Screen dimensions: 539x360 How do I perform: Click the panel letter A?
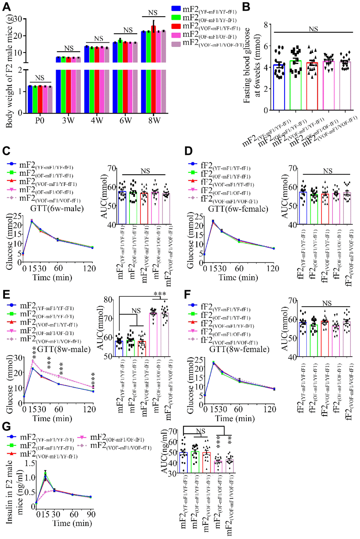[x=7, y=7]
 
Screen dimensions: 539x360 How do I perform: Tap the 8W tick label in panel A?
[x=154, y=121]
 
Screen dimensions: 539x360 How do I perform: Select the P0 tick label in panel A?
[x=40, y=121]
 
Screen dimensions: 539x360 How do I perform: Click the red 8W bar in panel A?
[x=154, y=71]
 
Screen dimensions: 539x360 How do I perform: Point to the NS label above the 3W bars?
[x=69, y=48]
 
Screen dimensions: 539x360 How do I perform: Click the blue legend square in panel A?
[x=176, y=9]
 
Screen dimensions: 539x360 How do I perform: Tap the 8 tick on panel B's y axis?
[x=266, y=24]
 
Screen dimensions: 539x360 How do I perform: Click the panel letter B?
[x=246, y=7]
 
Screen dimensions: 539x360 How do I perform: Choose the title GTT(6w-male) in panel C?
[x=57, y=208]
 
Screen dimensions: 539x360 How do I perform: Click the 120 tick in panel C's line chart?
[x=89, y=269]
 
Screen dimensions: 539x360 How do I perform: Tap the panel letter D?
[x=188, y=151]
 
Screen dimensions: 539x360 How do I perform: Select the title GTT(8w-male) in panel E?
[x=64, y=349]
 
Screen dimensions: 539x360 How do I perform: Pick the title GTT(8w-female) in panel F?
[x=239, y=349]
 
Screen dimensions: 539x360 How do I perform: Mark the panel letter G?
[x=7, y=426]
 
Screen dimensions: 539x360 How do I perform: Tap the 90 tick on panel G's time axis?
[x=91, y=514]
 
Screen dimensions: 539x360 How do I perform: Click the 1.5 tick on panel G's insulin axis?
[x=31, y=463]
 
